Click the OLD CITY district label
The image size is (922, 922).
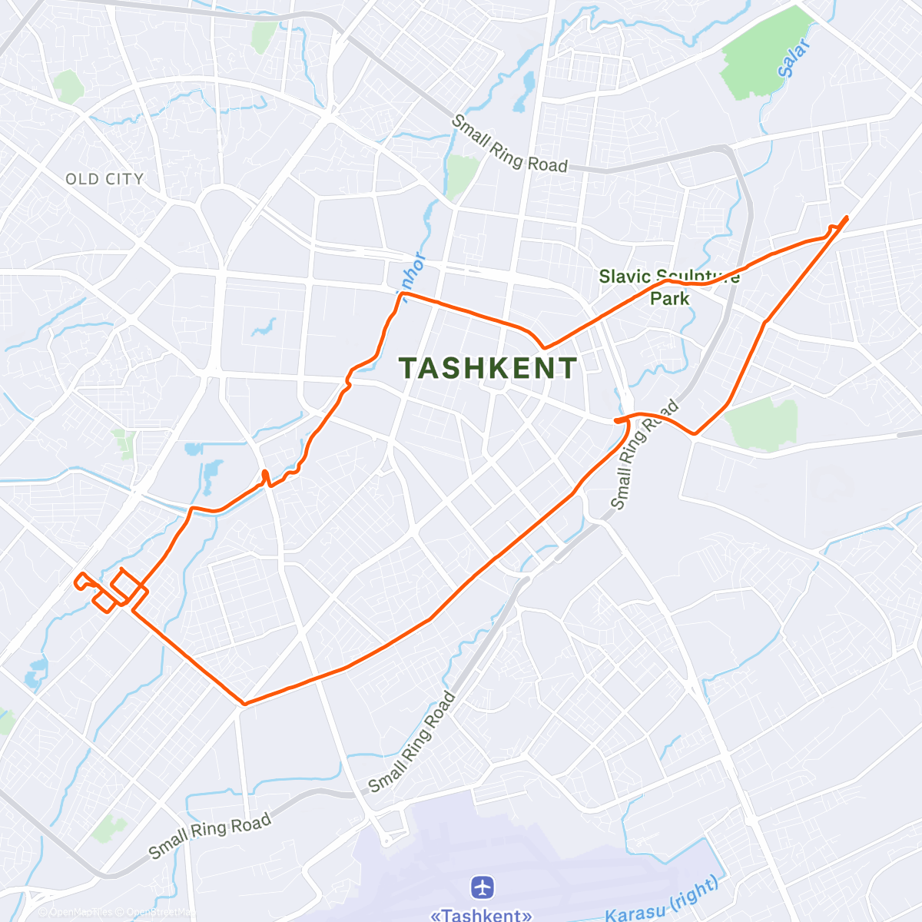pyautogui.click(x=104, y=179)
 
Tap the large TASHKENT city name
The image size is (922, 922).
pyautogui.click(x=488, y=368)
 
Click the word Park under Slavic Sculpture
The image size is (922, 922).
pyautogui.click(x=670, y=298)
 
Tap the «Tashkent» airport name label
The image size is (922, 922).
pyautogui.click(x=481, y=915)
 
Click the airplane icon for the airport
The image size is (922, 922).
pyautogui.click(x=483, y=888)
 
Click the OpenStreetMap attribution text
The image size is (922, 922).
pyautogui.click(x=154, y=912)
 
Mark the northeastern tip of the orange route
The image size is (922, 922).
pyautogui.click(x=847, y=217)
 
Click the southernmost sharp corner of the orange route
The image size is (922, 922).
pyautogui.click(x=244, y=703)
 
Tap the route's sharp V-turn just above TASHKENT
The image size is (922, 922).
pyautogui.click(x=544, y=348)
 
